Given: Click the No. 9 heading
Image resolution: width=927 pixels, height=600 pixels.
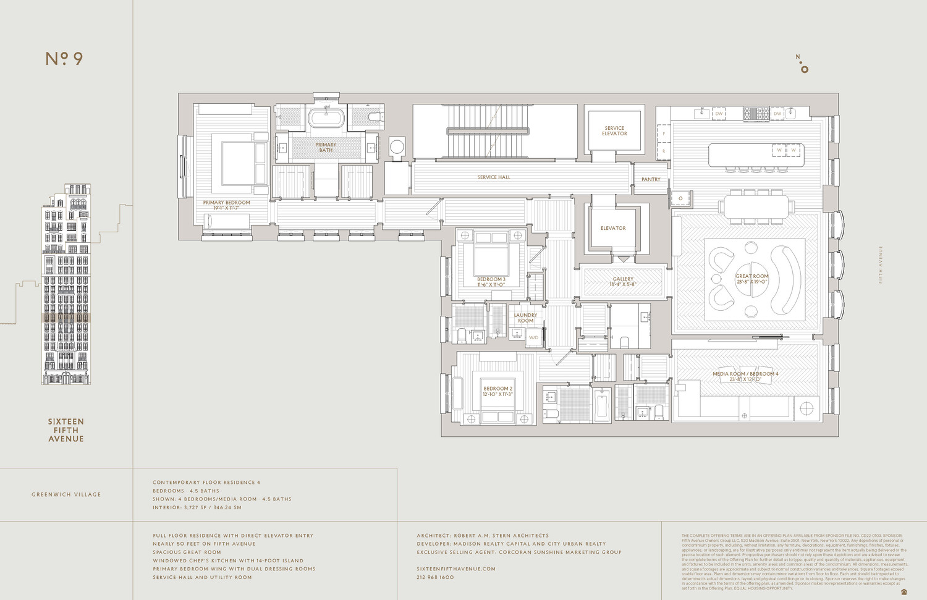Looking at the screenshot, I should (64, 59).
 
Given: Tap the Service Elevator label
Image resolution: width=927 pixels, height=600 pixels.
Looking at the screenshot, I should (614, 131).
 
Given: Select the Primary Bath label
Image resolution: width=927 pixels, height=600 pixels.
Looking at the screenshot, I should (326, 148).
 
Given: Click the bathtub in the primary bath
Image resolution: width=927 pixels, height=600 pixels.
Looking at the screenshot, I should (326, 117).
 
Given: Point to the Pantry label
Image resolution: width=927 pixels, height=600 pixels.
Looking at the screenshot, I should (651, 179).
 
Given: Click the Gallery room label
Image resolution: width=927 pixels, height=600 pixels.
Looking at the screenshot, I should (623, 282).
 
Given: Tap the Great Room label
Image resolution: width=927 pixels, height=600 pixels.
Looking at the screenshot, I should (752, 279).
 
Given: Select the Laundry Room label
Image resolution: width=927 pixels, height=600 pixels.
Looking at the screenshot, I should (525, 318).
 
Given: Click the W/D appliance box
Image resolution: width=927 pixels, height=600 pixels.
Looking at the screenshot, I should (533, 337).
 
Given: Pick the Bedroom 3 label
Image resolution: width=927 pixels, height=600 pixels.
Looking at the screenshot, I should (491, 282).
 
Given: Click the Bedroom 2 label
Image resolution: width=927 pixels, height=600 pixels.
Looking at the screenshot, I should (498, 391).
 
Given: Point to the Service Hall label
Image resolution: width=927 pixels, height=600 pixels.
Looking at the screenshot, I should (494, 177).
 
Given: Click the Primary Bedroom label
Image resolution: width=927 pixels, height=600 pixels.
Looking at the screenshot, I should (227, 205).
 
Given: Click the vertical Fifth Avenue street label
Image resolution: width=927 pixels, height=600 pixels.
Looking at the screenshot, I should (881, 264).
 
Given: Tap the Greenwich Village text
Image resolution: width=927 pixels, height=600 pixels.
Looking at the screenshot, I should (66, 494).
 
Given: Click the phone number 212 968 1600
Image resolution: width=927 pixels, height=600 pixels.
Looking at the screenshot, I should (435, 577).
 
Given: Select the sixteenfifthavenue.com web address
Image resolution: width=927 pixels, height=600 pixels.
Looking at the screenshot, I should (456, 568).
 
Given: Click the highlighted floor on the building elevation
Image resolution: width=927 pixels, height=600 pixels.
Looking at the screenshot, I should (66, 318).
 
